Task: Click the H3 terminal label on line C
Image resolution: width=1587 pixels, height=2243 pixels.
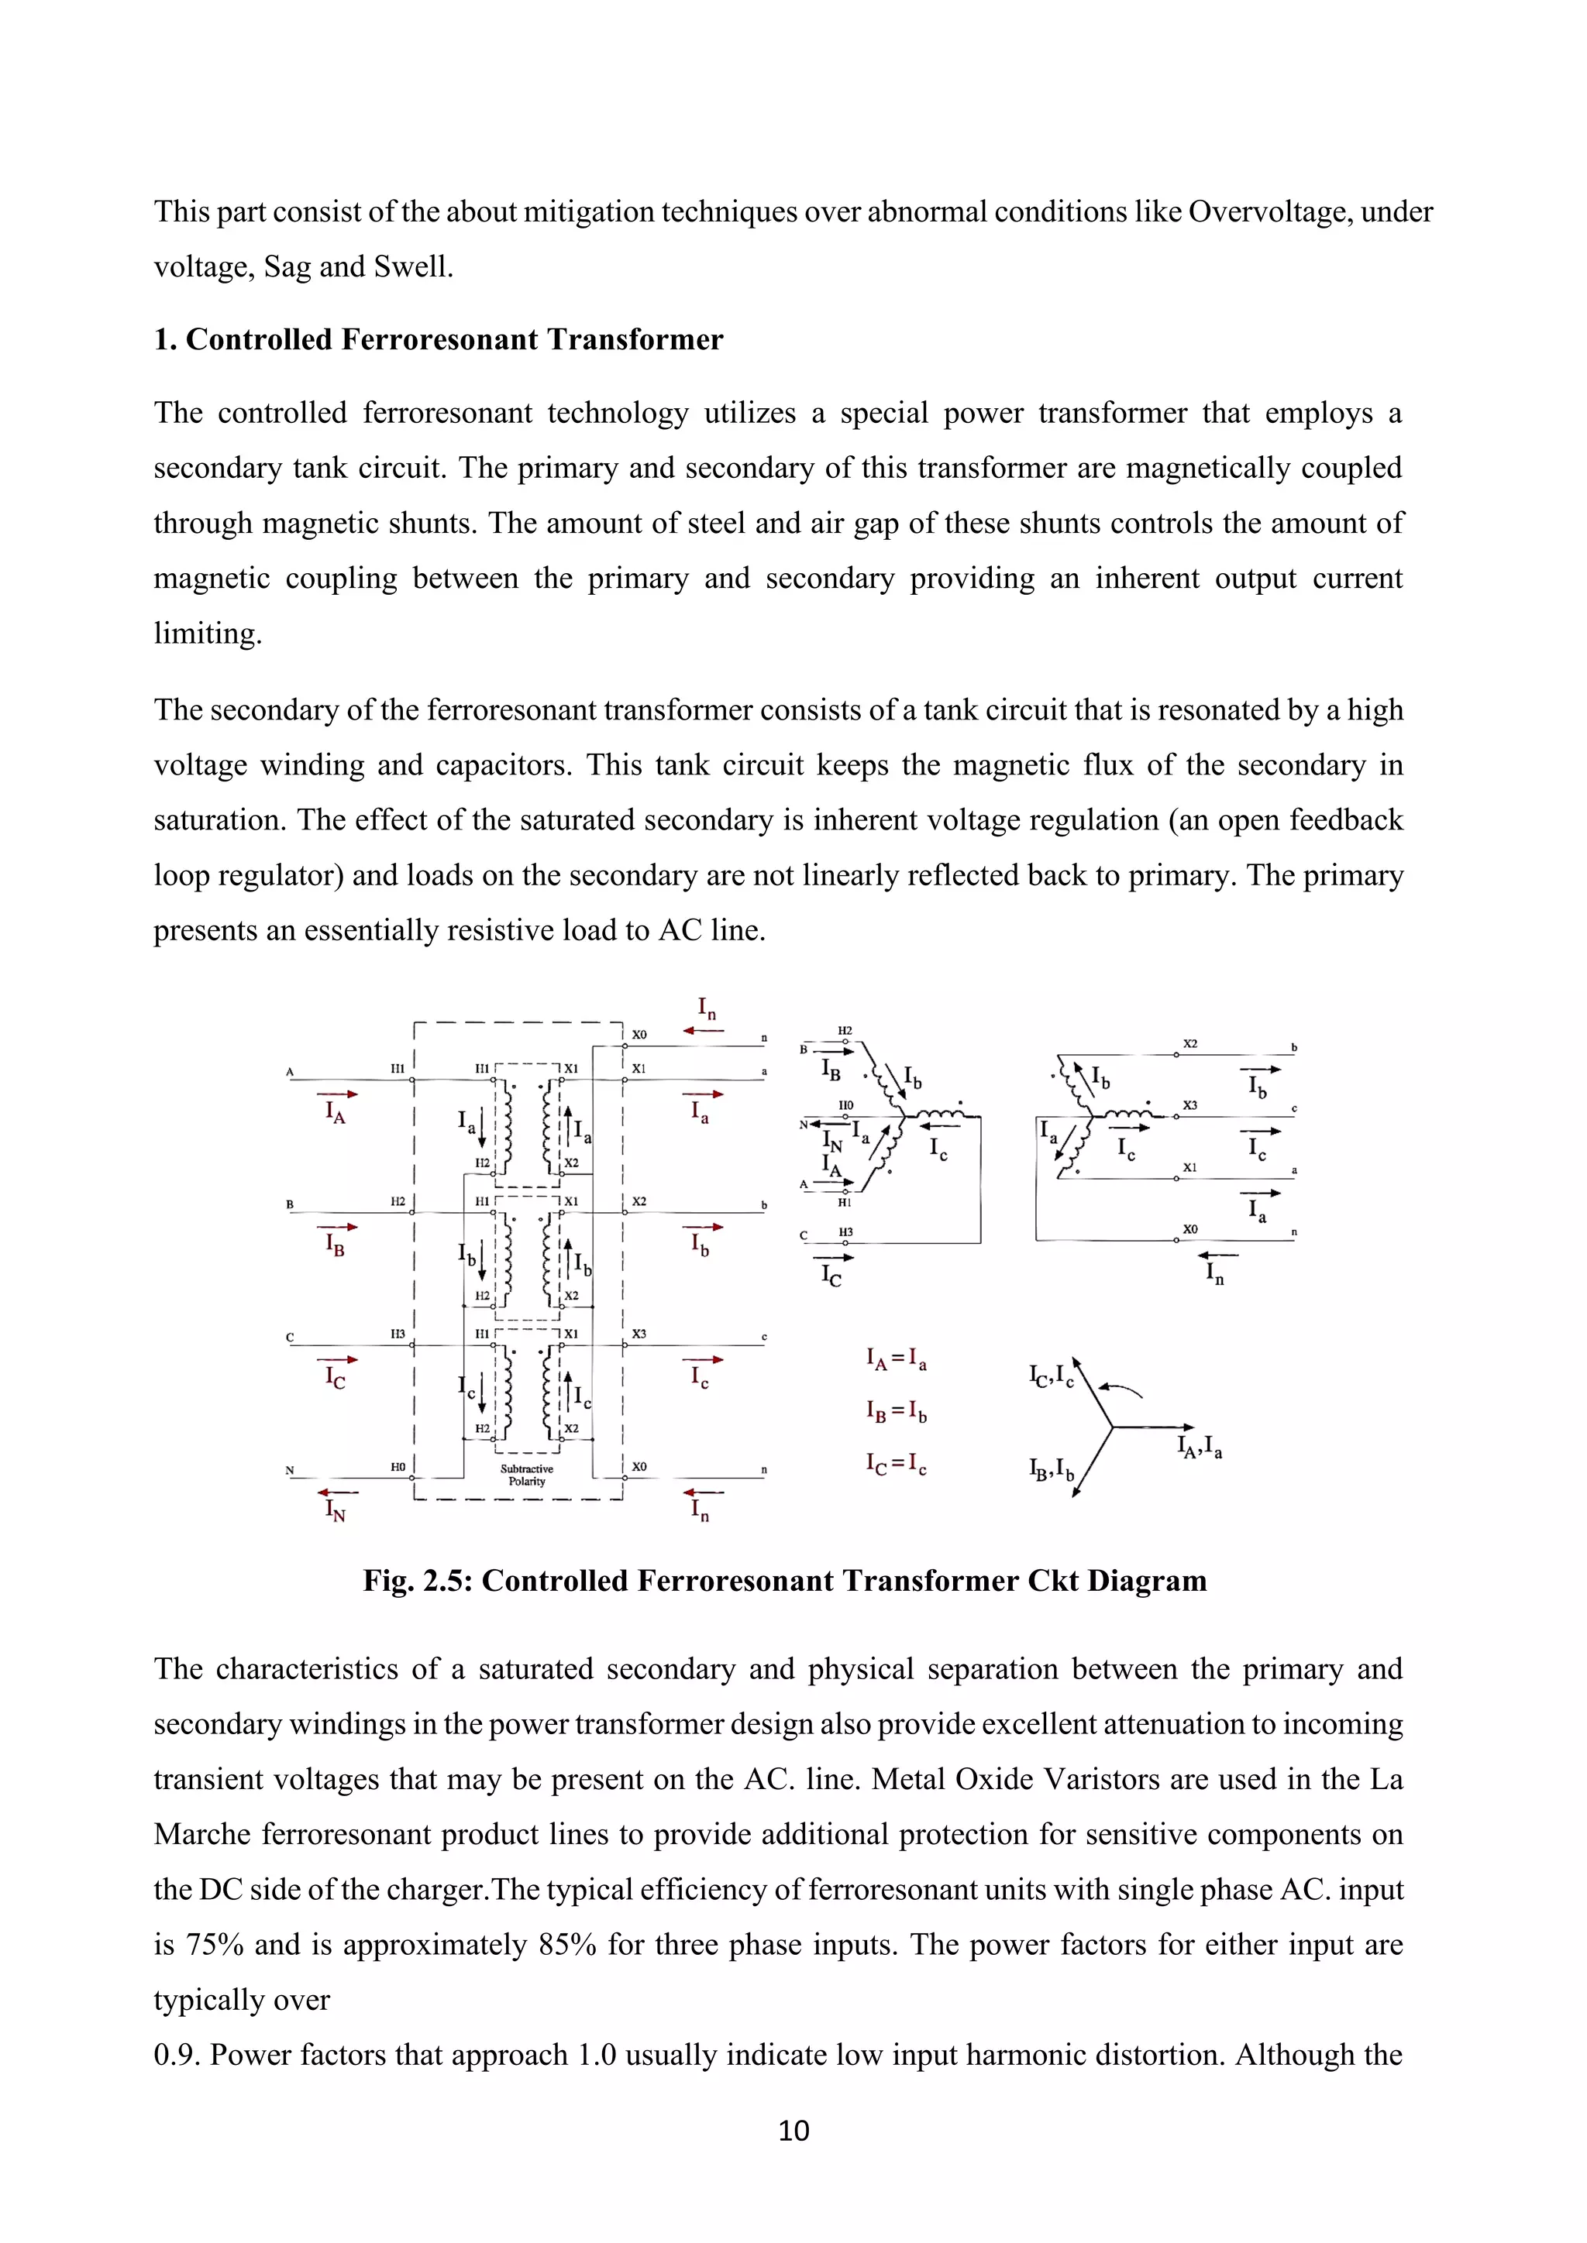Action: coord(398,1334)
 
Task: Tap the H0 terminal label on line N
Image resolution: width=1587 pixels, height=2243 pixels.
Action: coord(398,1466)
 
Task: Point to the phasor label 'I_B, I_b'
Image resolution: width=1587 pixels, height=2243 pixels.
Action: coord(1052,1469)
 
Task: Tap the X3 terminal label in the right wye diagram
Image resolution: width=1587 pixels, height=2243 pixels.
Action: coord(1189,1105)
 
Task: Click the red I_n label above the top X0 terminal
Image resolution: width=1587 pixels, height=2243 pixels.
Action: coord(707,1008)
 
